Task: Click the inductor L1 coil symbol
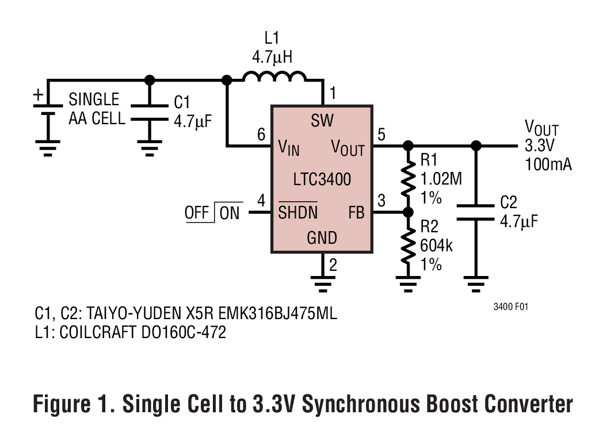click(x=274, y=78)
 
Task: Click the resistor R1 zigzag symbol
click(x=408, y=179)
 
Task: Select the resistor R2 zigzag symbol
click(x=408, y=246)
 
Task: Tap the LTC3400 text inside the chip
click(x=322, y=179)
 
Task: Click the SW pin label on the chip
click(x=322, y=121)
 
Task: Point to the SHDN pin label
click(x=297, y=213)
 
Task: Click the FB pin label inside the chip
click(x=356, y=213)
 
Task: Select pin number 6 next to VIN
click(x=261, y=136)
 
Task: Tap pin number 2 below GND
click(x=333, y=265)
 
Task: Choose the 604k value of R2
click(x=436, y=246)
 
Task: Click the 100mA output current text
click(x=548, y=164)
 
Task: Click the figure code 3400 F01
click(x=510, y=307)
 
